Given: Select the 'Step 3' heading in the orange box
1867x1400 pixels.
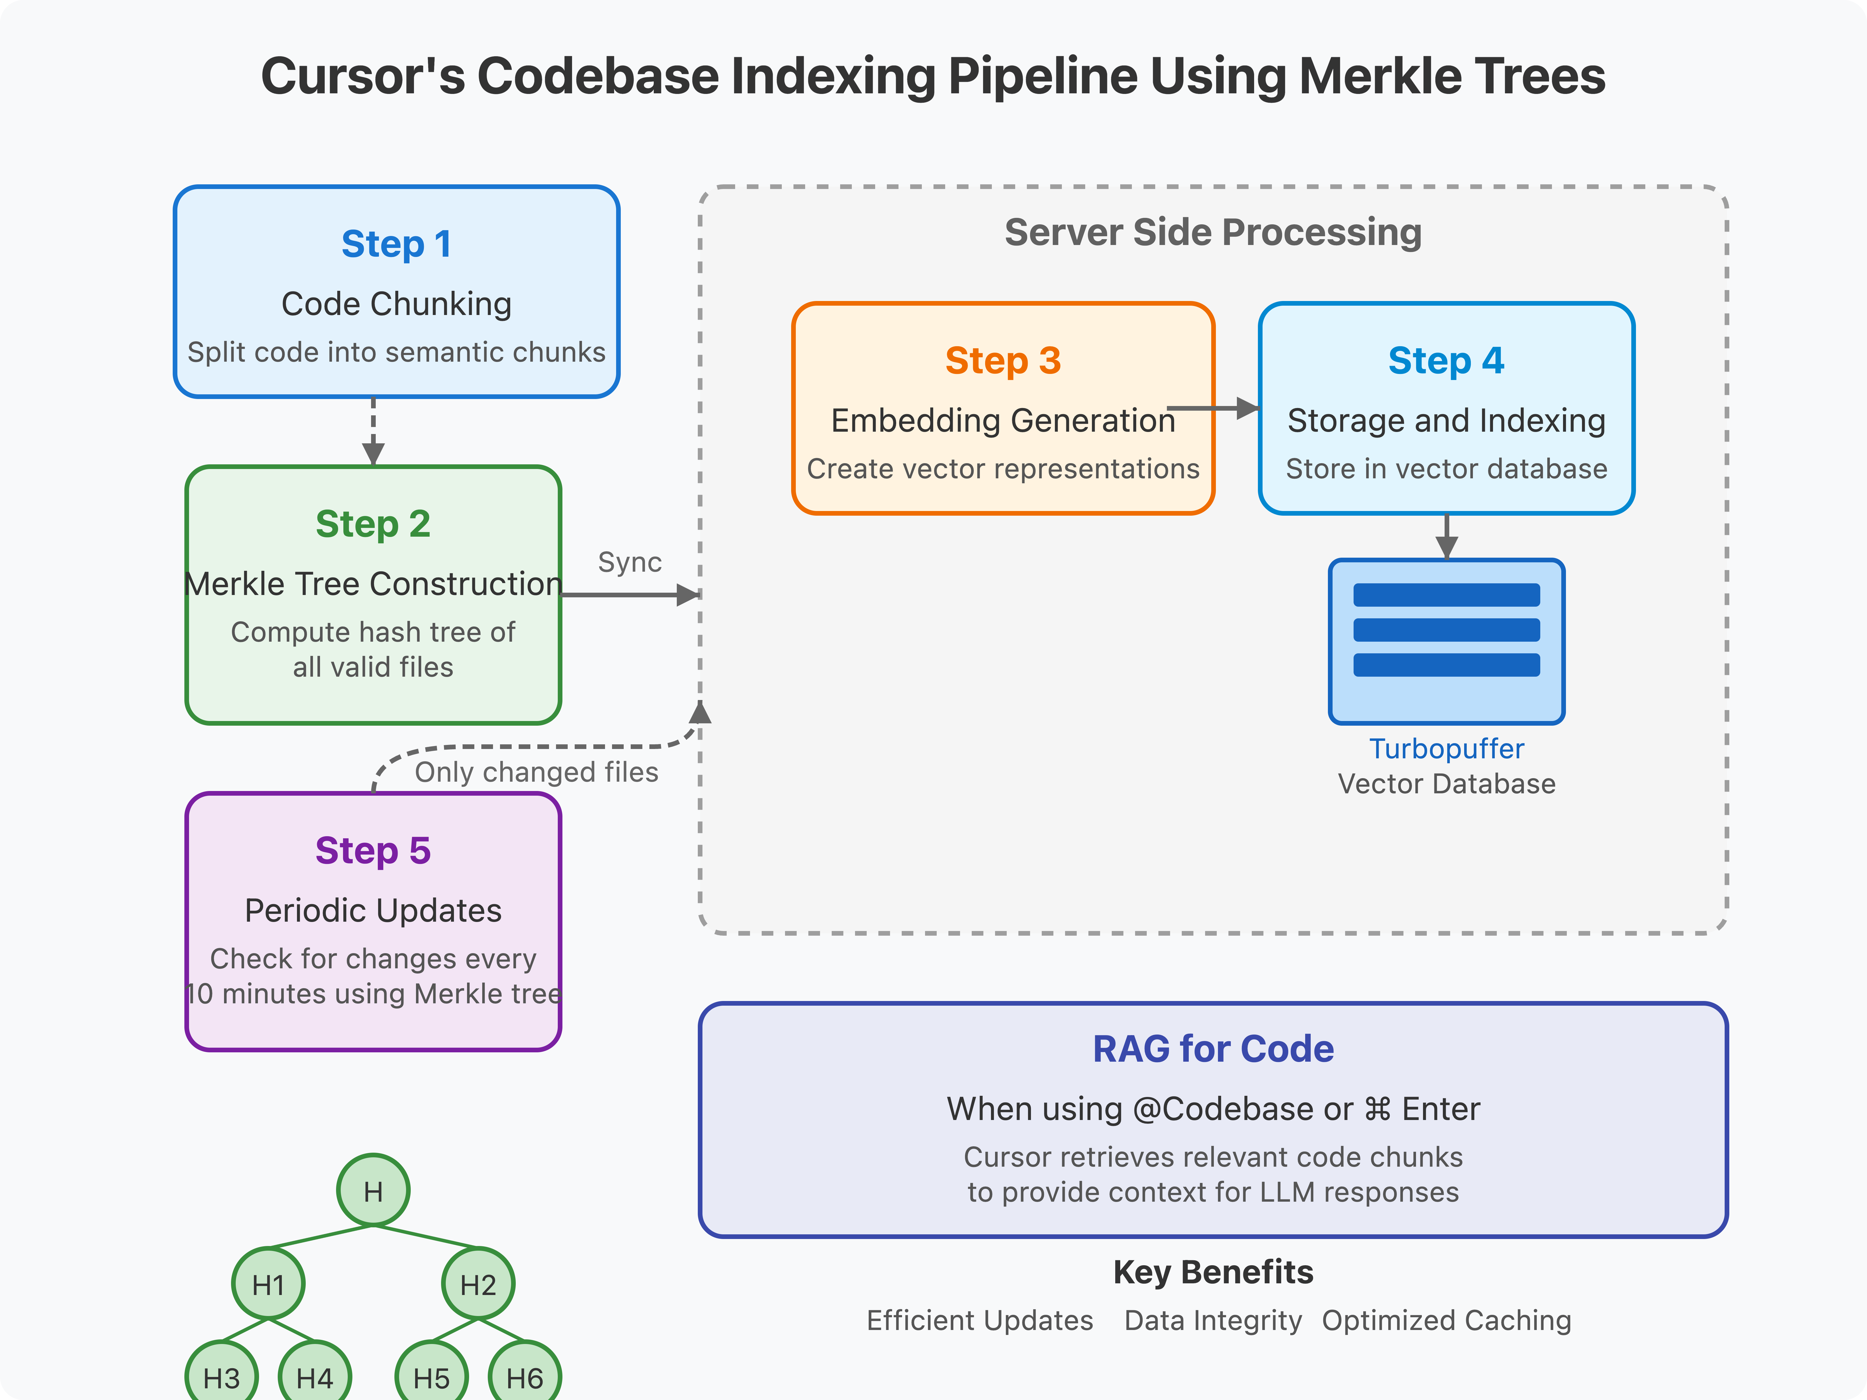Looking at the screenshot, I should [x=1003, y=361].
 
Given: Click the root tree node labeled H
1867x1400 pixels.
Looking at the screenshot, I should [x=373, y=1191].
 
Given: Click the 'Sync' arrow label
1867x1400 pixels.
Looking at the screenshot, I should [x=630, y=562].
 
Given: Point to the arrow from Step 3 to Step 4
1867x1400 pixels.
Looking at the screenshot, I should [x=1215, y=408].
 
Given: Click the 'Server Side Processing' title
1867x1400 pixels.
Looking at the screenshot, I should [x=1213, y=232].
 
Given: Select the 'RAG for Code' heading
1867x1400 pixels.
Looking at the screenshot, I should [x=1213, y=1049].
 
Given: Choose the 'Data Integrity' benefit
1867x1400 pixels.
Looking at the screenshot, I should [x=1213, y=1321].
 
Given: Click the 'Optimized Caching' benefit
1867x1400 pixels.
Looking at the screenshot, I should [x=1446, y=1321].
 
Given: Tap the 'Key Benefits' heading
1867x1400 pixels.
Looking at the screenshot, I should [x=1213, y=1272].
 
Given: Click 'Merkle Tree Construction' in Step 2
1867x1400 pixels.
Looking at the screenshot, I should [x=373, y=584].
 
